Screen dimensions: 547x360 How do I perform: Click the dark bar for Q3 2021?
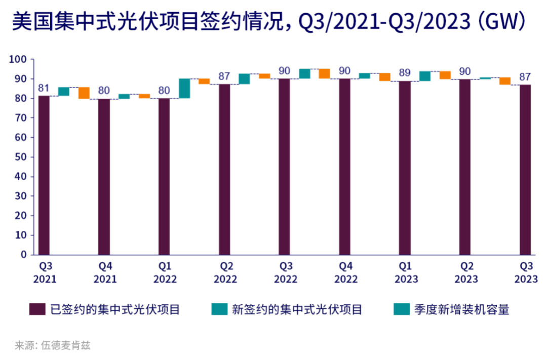pyautogui.click(x=44, y=175)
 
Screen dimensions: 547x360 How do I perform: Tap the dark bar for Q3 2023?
pyautogui.click(x=525, y=169)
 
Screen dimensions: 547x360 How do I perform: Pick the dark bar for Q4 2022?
pyautogui.click(x=344, y=167)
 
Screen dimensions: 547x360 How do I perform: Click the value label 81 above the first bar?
pyautogui.click(x=44, y=88)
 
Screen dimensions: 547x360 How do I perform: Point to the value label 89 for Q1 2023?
pyautogui.click(x=405, y=73)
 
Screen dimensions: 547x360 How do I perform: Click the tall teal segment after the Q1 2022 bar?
pyautogui.click(x=184, y=88)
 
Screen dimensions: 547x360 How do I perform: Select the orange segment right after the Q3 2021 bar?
pyautogui.click(x=84, y=93)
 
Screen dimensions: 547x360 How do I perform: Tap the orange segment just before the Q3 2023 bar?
pyautogui.click(x=504, y=81)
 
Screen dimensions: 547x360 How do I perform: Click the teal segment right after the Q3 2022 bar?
pyautogui.click(x=304, y=73)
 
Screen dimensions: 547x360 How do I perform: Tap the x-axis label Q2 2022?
pyautogui.click(x=225, y=272)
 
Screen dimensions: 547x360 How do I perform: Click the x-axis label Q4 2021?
pyautogui.click(x=105, y=272)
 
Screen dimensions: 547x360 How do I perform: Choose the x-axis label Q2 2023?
pyautogui.click(x=466, y=272)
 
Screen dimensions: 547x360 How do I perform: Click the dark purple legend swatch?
pyautogui.click(x=37, y=309)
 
